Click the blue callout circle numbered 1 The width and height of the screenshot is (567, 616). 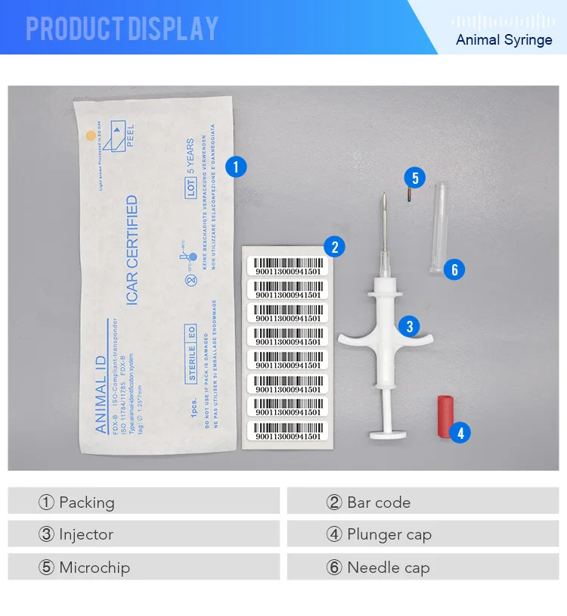(236, 166)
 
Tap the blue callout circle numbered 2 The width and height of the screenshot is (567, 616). (334, 246)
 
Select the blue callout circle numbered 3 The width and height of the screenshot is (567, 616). (409, 326)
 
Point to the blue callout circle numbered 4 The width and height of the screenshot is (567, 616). (460, 433)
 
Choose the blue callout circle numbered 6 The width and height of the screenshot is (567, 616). (454, 269)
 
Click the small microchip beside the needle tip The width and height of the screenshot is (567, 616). (407, 195)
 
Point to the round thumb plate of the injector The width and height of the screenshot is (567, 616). (389, 434)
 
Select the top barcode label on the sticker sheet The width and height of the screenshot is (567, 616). (288, 266)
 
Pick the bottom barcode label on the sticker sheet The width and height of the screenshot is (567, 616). (288, 431)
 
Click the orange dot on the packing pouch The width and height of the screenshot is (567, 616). (91, 136)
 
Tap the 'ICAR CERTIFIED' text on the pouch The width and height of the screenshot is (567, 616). (132, 250)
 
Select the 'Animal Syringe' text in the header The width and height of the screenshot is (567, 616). (504, 39)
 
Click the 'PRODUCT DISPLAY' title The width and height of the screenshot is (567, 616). (122, 29)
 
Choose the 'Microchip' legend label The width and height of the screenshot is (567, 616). (94, 568)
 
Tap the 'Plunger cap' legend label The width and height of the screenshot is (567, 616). (389, 534)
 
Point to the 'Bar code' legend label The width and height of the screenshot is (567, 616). (378, 502)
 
